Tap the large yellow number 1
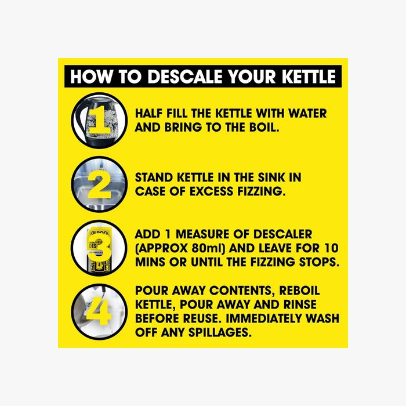pos(99,120)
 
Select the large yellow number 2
pos(100,184)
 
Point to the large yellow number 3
pos(100,248)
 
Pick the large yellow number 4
pos(99,313)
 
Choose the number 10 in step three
pos(329,248)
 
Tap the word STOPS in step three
pos(316,262)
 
